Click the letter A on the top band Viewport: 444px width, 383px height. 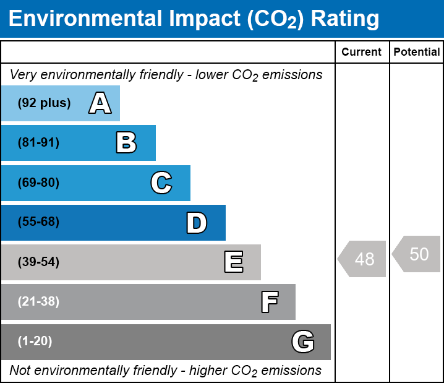click(100, 103)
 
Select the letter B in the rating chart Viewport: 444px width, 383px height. click(126, 143)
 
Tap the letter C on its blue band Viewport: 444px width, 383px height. click(161, 183)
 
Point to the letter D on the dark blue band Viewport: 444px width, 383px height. click(197, 222)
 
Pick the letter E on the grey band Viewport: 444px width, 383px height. click(233, 262)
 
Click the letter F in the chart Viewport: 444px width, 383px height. click(269, 302)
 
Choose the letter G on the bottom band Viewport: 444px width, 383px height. click(303, 342)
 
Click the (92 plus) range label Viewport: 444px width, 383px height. click(44, 103)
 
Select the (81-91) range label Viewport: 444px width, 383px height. click(38, 143)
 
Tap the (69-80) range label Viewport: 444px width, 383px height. click(38, 183)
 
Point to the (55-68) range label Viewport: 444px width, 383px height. click(38, 222)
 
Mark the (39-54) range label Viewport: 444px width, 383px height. click(38, 262)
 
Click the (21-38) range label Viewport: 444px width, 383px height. click(38, 302)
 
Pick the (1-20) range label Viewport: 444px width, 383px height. click(35, 342)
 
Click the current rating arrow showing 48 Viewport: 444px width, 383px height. click(362, 259)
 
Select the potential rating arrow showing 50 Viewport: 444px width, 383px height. click(417, 254)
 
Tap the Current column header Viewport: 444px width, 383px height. click(362, 53)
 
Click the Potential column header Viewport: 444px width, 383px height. click(417, 53)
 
